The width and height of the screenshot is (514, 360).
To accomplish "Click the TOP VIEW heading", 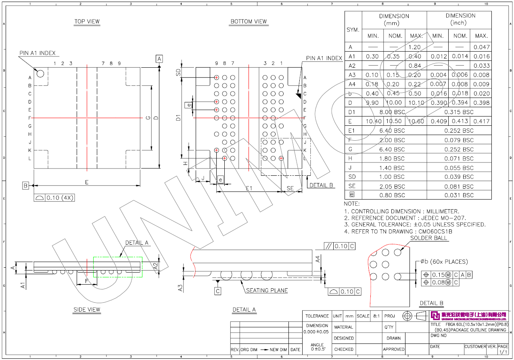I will (87, 21).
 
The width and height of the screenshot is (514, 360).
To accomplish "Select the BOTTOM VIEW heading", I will (249, 21).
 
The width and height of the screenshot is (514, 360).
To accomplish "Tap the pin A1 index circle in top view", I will (40, 73).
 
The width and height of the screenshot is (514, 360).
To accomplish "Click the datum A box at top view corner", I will (159, 59).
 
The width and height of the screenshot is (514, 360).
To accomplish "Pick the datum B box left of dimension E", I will (25, 185).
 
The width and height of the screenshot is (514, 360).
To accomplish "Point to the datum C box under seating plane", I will (218, 291).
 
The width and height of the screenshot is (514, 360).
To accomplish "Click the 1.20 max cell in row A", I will (416, 47).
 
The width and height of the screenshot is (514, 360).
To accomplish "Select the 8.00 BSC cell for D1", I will (394, 112).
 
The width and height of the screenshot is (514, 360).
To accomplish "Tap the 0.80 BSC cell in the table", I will (394, 195).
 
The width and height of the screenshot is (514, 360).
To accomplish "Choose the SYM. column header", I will (353, 30).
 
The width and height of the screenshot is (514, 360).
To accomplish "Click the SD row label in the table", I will (352, 177).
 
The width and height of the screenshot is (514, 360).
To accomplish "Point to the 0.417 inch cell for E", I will (481, 121).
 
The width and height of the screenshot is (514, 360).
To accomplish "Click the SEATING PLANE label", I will (267, 291).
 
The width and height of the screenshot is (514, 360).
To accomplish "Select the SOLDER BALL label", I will (428, 238).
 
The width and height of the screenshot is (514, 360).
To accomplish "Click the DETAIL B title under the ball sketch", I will (431, 303).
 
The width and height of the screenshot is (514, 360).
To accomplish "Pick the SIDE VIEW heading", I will (87, 310).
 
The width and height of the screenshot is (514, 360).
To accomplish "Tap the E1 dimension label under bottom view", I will (249, 188).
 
